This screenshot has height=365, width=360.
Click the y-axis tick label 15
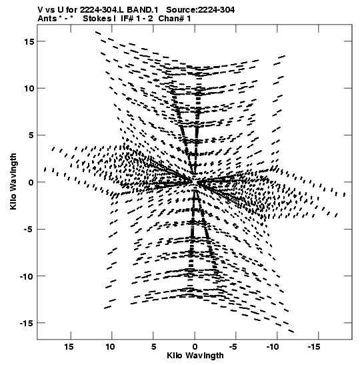pos(29,41)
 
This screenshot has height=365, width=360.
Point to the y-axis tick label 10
pos(29,89)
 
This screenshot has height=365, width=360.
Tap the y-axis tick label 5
pos(31,135)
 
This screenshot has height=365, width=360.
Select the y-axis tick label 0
pos(31,183)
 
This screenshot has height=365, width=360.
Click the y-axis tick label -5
pos(29,230)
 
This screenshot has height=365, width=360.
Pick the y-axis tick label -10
pos(27,276)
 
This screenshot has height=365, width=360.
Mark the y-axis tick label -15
pos(27,324)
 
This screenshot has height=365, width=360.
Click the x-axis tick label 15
pos(69,347)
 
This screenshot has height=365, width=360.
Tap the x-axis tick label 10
pos(110,347)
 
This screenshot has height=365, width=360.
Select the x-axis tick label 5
pos(153,347)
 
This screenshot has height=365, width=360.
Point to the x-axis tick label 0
pos(195,347)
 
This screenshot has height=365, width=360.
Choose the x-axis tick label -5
pos(233,347)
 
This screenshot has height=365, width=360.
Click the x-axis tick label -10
pos(272,347)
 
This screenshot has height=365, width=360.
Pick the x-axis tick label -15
pos(314,347)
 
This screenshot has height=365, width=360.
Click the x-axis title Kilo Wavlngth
pos(195,356)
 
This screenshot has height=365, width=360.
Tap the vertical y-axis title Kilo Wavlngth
pos(13,181)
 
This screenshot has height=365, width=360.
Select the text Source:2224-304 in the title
pos(201,10)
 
